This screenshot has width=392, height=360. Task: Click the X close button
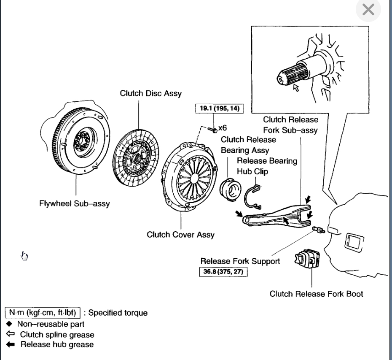(368, 10)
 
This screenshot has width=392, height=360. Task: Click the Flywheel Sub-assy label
(74, 203)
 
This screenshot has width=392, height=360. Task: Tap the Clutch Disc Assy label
(151, 93)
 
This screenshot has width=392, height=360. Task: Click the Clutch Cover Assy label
(180, 234)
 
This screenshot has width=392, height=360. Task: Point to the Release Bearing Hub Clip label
(267, 166)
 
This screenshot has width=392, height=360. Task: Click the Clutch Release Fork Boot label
(316, 293)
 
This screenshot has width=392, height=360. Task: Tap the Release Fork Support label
(240, 261)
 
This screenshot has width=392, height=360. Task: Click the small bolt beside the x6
(212, 128)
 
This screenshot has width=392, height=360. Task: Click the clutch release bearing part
(231, 186)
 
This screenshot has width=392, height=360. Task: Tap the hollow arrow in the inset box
(295, 88)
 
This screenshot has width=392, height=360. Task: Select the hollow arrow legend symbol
(10, 334)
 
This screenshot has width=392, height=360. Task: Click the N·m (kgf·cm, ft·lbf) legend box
(43, 313)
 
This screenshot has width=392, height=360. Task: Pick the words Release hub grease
(57, 344)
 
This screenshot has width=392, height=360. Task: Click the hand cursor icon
(24, 255)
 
